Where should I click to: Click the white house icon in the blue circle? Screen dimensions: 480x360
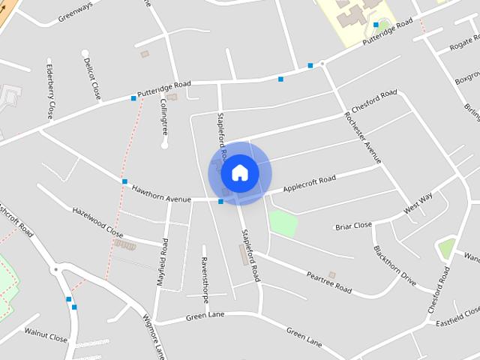coord(240,173)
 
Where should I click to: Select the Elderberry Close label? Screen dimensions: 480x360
coord(49,89)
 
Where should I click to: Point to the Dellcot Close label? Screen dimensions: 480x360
coord(92,78)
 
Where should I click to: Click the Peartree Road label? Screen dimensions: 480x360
coord(328,282)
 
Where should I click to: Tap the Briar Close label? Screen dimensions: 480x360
coord(353,225)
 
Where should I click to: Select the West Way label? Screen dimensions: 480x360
coord(418,203)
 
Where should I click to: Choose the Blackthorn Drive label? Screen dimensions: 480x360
coord(394,265)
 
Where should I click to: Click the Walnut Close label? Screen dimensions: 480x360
coord(46,333)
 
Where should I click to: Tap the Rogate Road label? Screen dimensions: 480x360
coord(465,46)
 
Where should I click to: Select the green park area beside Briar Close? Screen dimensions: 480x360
coord(283,223)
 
